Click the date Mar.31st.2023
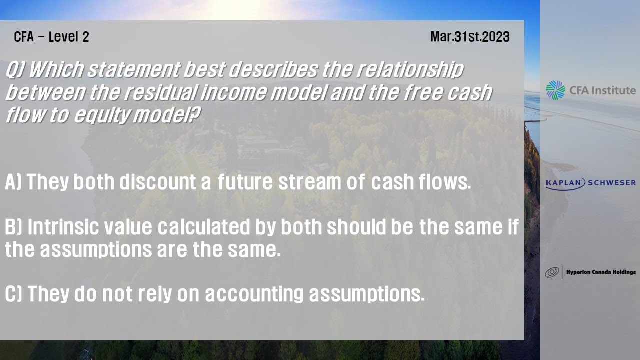(469, 37)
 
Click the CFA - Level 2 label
(51, 37)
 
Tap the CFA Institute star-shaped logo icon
(555, 90)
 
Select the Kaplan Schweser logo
(590, 183)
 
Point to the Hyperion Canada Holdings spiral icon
(552, 272)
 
